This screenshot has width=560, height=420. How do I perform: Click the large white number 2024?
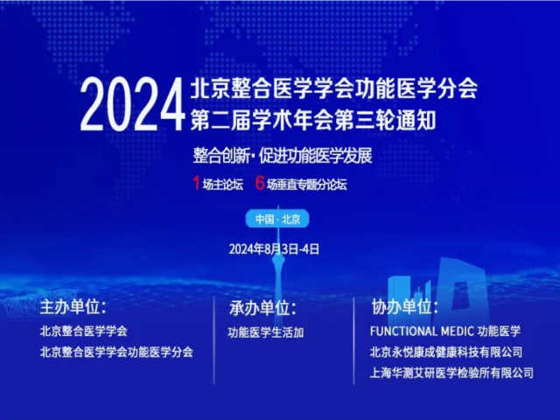click(x=131, y=105)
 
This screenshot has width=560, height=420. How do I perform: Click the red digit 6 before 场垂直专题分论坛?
click(x=260, y=183)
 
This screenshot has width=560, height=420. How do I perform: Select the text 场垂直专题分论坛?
click(x=307, y=184)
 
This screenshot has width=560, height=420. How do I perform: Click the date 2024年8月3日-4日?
click(x=274, y=248)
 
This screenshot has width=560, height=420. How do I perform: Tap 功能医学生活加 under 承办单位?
click(x=265, y=332)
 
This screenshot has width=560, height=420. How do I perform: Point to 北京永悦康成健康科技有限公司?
click(x=446, y=352)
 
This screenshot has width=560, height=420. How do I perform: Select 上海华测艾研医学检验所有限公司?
click(x=452, y=373)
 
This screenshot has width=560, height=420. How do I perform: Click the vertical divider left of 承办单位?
click(x=215, y=337)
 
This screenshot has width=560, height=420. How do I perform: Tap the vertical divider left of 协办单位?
click(x=354, y=337)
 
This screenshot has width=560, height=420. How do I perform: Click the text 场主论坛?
click(x=222, y=184)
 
